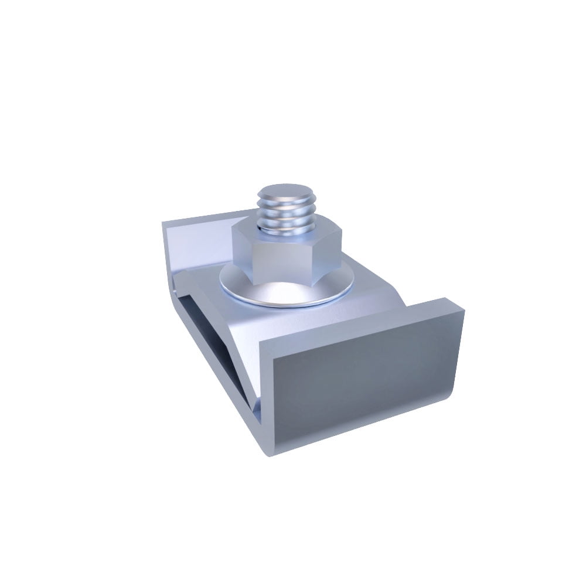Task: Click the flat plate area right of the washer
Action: pyautogui.click(x=369, y=293)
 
